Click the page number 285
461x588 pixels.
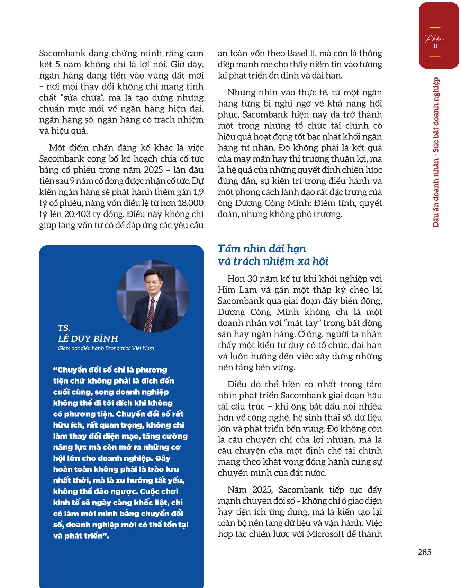tap(424, 552)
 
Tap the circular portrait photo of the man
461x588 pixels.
tap(153, 296)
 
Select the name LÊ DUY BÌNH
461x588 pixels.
tap(88, 338)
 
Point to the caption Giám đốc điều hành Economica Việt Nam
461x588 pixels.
tap(106, 348)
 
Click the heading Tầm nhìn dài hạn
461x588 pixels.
tap(262, 249)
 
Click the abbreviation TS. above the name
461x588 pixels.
tap(64, 328)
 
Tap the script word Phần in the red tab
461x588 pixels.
tap(435, 38)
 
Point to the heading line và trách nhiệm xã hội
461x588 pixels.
tap(273, 261)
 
